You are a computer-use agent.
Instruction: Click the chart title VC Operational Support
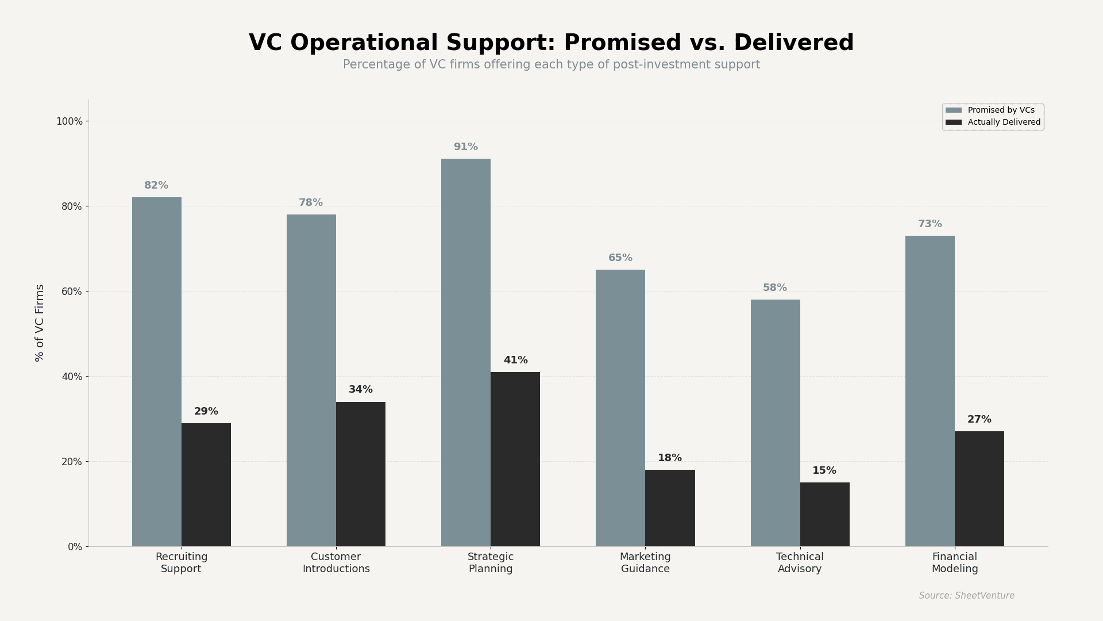pyautogui.click(x=551, y=44)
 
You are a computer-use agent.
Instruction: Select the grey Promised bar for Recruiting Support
pyautogui.click(x=156, y=371)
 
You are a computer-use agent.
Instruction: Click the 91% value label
pyautogui.click(x=465, y=147)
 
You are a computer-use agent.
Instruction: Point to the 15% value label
pyautogui.click(x=824, y=471)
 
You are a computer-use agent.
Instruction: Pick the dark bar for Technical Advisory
pyautogui.click(x=824, y=514)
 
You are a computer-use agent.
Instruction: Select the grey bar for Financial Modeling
pyautogui.click(x=930, y=391)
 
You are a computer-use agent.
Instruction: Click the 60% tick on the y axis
pyautogui.click(x=72, y=292)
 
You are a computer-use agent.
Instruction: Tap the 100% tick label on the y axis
pyautogui.click(x=70, y=121)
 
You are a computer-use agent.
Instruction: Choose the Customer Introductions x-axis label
pyautogui.click(x=336, y=563)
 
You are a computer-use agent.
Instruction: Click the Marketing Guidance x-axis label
pyautogui.click(x=645, y=563)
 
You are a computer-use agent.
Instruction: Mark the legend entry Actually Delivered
pyautogui.click(x=1004, y=122)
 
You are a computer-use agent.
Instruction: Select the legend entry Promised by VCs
pyautogui.click(x=1001, y=110)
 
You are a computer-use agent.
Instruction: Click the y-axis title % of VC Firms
pyautogui.click(x=40, y=323)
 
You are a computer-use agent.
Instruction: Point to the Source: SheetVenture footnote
pyautogui.click(x=966, y=596)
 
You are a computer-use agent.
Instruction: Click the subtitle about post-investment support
pyautogui.click(x=551, y=65)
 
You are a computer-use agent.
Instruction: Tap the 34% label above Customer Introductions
pyautogui.click(x=360, y=390)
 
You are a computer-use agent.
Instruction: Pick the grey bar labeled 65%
pyautogui.click(x=620, y=408)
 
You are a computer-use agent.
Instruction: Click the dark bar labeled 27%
pyautogui.click(x=979, y=489)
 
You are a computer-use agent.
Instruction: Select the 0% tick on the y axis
pyautogui.click(x=75, y=547)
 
